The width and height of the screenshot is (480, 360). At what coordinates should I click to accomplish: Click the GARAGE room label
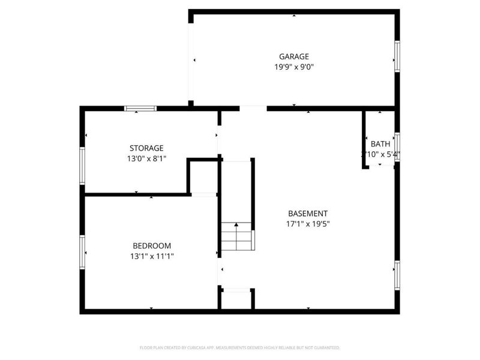pos(294,57)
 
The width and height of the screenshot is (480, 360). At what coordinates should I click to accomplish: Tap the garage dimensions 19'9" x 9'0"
pos(294,67)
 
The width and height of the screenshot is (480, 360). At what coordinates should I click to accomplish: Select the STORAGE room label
pos(146,148)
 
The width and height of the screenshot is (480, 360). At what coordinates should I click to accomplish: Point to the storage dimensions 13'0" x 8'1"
pos(146,159)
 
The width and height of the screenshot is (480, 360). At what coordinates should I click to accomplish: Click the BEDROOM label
pos(152,246)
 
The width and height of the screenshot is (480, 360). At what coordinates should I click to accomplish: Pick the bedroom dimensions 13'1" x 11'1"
pos(152,256)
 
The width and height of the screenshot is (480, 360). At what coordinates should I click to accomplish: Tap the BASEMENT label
pos(308,214)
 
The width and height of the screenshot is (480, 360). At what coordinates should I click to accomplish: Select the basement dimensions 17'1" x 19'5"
pos(308,224)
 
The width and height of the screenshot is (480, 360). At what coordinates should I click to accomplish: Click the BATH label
pos(380,144)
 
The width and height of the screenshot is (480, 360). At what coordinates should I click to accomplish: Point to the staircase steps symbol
pos(236,236)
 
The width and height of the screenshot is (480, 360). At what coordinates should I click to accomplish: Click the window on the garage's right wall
pos(397,56)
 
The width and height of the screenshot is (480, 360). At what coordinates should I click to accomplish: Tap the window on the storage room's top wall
pos(140,109)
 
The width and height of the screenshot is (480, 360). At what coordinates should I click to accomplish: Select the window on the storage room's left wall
pos(83,165)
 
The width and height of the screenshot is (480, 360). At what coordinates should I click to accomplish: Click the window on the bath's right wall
pos(397,147)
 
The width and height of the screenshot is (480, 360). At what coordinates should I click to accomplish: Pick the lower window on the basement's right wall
pos(397,275)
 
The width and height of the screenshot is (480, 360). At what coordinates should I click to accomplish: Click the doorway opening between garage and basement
pos(253,109)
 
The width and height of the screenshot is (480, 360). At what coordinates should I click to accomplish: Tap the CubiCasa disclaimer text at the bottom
pos(240,347)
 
